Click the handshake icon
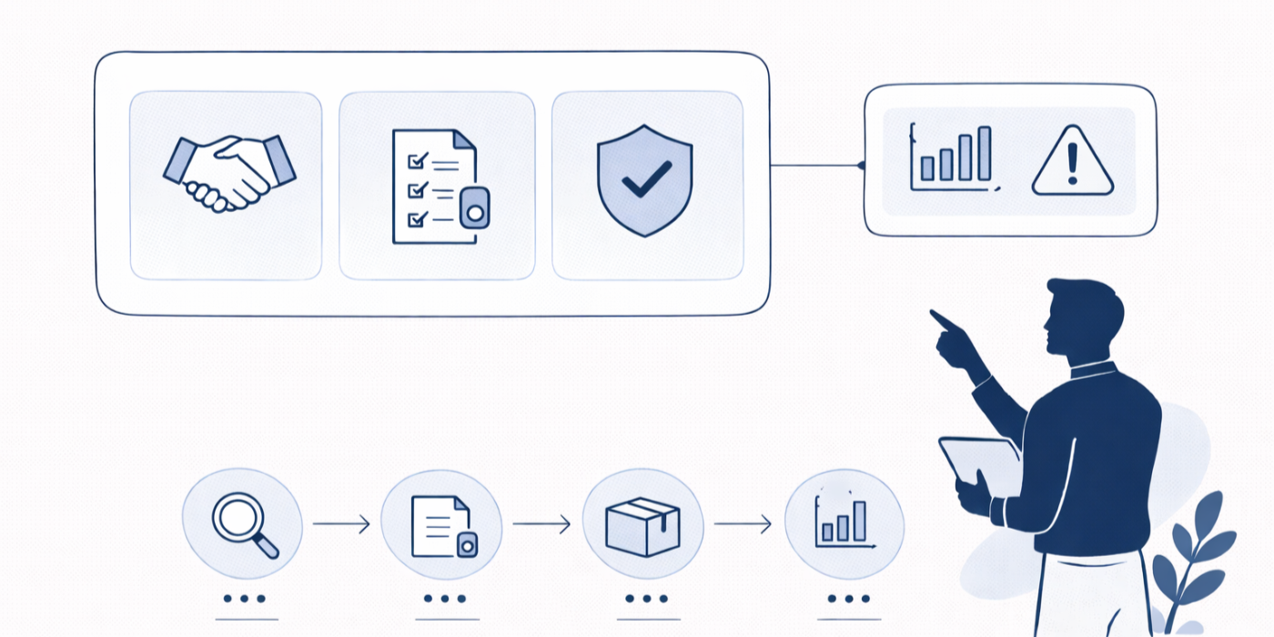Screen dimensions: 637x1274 (228, 173)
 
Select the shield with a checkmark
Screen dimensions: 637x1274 (644, 180)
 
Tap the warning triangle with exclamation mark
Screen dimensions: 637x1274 (1072, 162)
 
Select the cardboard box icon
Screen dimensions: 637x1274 (642, 526)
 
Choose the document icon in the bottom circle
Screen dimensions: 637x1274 (442, 526)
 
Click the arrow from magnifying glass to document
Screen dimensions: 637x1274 (341, 523)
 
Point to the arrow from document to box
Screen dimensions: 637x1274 (541, 523)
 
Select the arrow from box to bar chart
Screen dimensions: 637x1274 (743, 523)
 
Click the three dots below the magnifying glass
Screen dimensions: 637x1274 (243, 599)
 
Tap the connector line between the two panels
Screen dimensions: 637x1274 (815, 166)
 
